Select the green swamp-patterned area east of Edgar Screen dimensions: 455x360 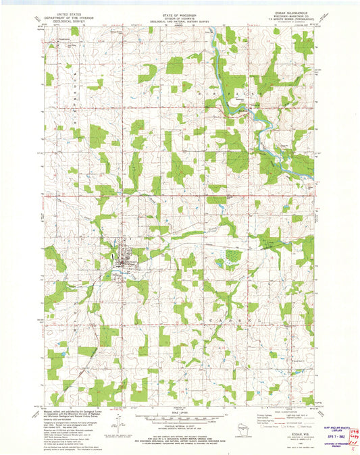pyautogui.click(x=233, y=257)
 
